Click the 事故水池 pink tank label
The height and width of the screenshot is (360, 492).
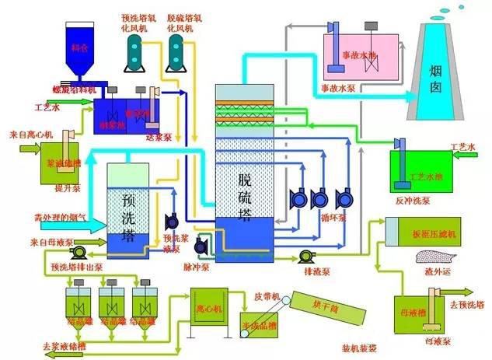[360, 56]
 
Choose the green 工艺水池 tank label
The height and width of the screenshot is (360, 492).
[426, 177]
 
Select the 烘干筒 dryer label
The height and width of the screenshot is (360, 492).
[322, 302]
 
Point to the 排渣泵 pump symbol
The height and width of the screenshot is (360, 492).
[305, 257]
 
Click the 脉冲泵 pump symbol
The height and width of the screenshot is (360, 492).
[201, 245]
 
